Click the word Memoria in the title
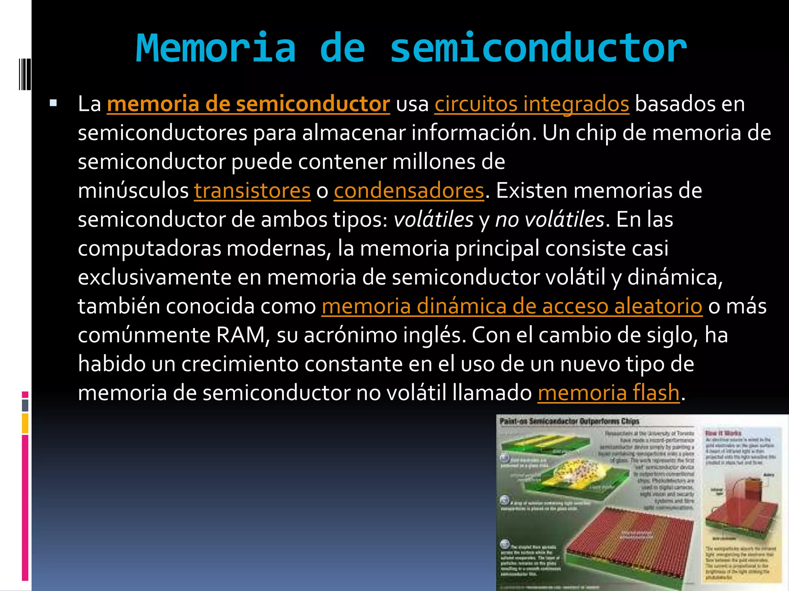click(216, 48)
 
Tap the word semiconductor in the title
click(538, 48)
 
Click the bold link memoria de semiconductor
click(248, 104)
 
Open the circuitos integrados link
click(532, 104)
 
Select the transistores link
click(252, 190)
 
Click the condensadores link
click(409, 190)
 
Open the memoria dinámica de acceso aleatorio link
click(512, 306)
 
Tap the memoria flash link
click(609, 393)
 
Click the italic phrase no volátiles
click(550, 220)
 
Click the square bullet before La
click(53, 103)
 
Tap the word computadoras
click(149, 249)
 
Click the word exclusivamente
click(154, 277)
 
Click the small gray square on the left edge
click(25, 405)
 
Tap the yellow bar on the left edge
click(25, 423)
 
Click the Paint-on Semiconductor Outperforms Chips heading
click(569, 421)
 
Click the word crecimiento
click(240, 364)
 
